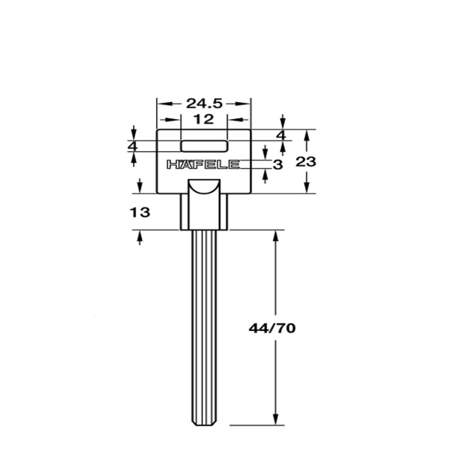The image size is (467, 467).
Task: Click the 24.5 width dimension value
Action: pyautogui.click(x=204, y=103)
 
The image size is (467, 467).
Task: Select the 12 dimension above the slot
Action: pyautogui.click(x=204, y=120)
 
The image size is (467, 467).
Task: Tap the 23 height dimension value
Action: pyautogui.click(x=305, y=162)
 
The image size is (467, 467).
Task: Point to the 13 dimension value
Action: pyautogui.click(x=141, y=212)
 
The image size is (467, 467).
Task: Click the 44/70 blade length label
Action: pyautogui.click(x=272, y=328)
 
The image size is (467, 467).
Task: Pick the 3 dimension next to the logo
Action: pyautogui.click(x=278, y=165)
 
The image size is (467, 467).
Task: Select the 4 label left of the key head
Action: pyautogui.click(x=133, y=146)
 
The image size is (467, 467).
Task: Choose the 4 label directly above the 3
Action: pyautogui.click(x=282, y=135)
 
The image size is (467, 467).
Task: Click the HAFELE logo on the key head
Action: pyautogui.click(x=203, y=165)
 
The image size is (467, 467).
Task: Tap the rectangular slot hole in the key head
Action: pyautogui.click(x=204, y=146)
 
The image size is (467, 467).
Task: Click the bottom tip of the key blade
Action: pyautogui.click(x=204, y=424)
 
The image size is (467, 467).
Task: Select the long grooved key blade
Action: pyautogui.click(x=204, y=321)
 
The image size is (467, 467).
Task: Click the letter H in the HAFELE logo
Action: pyautogui.click(x=172, y=165)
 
